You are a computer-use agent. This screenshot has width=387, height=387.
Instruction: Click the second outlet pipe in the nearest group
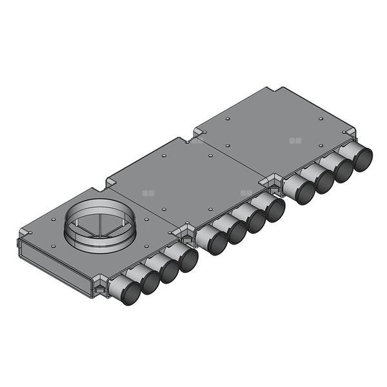tap(149, 281)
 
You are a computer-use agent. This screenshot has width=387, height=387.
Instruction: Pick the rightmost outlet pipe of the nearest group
tap(188, 260)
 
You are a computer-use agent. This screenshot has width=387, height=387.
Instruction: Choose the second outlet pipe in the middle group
tap(235, 231)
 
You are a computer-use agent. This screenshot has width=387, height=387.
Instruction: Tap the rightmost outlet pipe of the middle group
tap(274, 210)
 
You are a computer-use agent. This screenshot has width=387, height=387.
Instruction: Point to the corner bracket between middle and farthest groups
tap(275, 184)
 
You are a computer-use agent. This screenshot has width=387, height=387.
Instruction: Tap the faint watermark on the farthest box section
tap(295, 139)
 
